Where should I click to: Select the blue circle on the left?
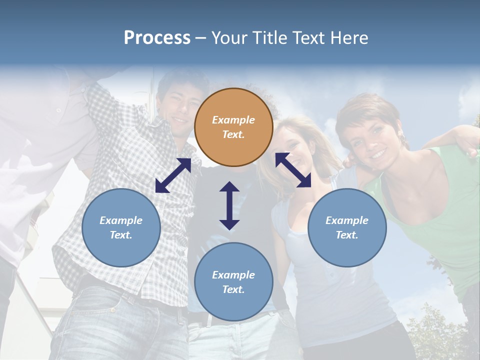pyautogui.click(x=121, y=227)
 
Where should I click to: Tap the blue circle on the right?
pyautogui.click(x=347, y=227)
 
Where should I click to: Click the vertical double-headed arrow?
pyautogui.click(x=229, y=205)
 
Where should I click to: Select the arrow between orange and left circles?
pyautogui.click(x=173, y=175)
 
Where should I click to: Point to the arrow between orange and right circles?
pyautogui.click(x=293, y=170)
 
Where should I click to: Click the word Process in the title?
pyautogui.click(x=157, y=37)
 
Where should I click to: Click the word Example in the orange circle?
pyautogui.click(x=233, y=120)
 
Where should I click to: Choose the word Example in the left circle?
pyautogui.click(x=121, y=220)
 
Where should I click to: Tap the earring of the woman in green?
pyautogui.click(x=400, y=137)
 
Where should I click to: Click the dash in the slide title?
pyautogui.click(x=201, y=38)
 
